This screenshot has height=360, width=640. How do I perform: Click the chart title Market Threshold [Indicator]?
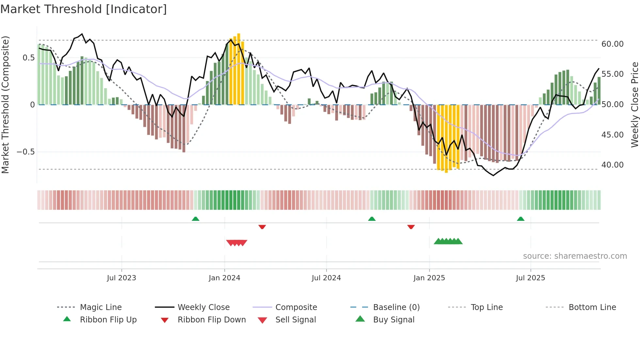point(84,9)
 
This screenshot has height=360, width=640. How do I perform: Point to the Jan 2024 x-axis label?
point(224,278)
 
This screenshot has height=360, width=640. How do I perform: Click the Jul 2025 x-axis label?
point(530,278)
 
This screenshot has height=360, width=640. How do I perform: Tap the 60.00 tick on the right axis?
point(612,44)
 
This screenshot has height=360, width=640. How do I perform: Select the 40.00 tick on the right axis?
point(612,165)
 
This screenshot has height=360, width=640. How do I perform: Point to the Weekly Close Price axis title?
point(634,105)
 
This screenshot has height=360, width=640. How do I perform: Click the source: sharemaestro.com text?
point(575,256)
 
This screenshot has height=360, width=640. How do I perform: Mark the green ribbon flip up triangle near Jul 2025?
point(520,219)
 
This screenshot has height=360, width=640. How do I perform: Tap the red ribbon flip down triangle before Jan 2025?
point(411,227)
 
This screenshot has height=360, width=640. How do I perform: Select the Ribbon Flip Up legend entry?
point(108,320)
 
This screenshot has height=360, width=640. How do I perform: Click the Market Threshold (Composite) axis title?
point(5,105)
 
